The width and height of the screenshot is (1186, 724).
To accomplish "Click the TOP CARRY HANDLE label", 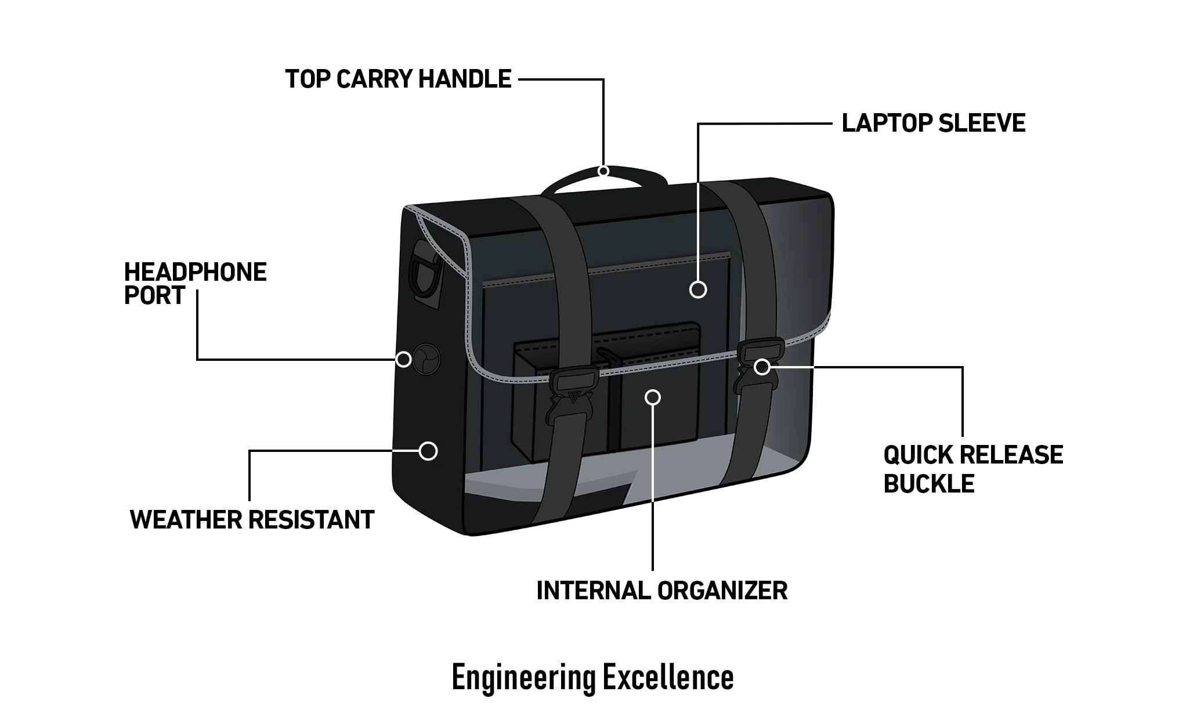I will point(398,79).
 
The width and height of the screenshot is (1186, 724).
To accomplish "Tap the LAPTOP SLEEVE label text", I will point(933,124).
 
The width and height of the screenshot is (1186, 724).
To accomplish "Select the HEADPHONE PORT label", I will point(195,283).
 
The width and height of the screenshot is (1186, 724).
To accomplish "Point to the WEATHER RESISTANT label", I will point(252,520).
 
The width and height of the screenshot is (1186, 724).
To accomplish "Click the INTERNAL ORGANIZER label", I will point(661,591).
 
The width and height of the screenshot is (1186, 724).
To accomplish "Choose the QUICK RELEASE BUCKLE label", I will point(972,469).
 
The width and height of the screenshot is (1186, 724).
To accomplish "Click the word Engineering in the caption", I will point(523,677).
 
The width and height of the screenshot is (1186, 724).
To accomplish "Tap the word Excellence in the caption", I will point(667,677).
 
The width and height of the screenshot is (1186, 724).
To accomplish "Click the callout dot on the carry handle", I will point(603,171).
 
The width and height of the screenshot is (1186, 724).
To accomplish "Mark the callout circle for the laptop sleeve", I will point(698,289).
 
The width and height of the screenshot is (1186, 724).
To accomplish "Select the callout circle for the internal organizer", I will point(653,397).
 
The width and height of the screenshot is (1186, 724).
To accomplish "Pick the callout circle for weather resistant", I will point(428,451).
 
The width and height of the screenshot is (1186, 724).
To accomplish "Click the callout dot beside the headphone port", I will point(404,360).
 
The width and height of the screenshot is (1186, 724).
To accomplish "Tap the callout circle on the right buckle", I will point(762,367).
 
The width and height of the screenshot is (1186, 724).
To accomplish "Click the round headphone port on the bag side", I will point(426,358).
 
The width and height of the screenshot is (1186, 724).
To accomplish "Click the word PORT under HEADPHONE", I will point(154,296).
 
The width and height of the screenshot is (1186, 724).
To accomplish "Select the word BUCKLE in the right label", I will point(928,484).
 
